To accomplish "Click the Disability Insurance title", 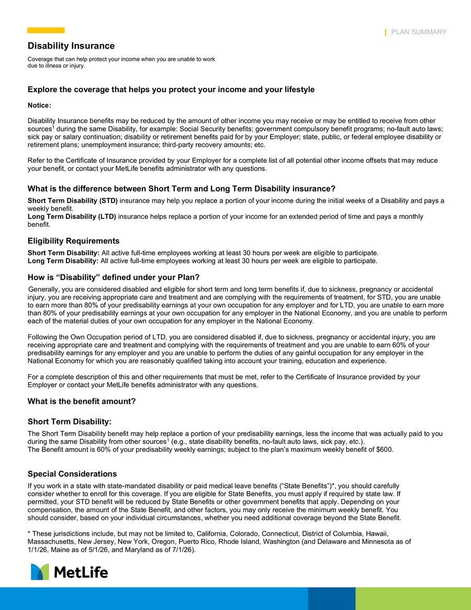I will click(x=71, y=46).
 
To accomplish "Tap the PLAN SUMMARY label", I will click(x=419, y=32).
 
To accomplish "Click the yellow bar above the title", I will click(x=46, y=30).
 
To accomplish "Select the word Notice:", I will click(x=39, y=105).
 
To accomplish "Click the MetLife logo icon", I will click(x=40, y=572).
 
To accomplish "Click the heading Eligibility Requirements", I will click(x=73, y=241).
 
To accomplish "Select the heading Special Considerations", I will click(x=72, y=474).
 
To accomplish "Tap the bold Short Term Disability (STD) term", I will click(x=72, y=201).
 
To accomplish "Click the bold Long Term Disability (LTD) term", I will click(x=72, y=216).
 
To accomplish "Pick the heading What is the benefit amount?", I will click(x=82, y=401).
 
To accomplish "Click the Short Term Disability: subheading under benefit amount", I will click(x=69, y=422).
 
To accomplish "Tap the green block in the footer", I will click(x=413, y=598).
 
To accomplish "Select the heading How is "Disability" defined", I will click(x=114, y=276).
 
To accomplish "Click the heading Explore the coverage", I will click(x=171, y=90).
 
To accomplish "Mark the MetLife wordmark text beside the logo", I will click(x=81, y=572).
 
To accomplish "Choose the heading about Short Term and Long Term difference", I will click(x=181, y=188).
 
